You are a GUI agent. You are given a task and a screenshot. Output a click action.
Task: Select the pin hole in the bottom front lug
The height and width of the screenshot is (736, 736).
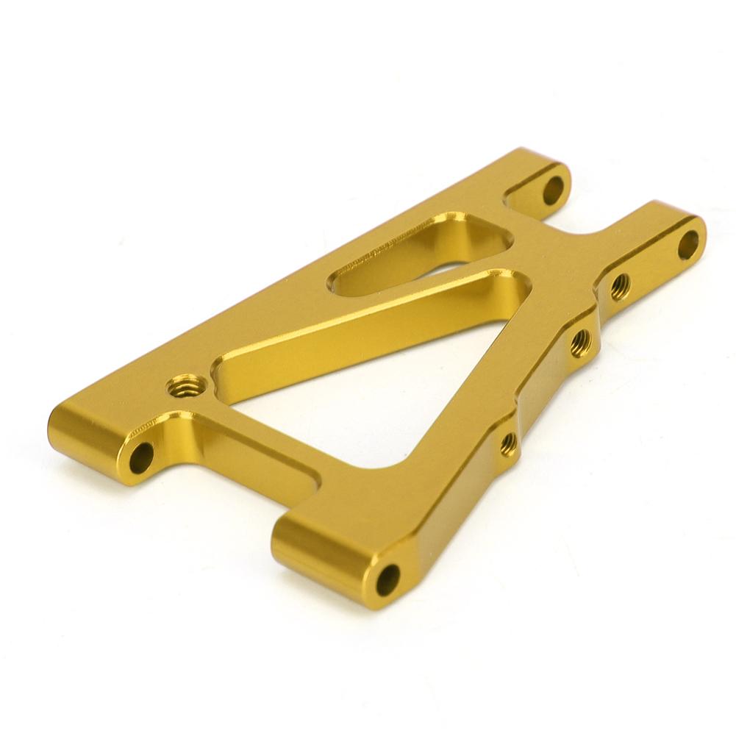pyautogui.click(x=387, y=579)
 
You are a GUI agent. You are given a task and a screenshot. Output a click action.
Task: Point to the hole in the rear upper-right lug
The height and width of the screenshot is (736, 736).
pyautogui.click(x=554, y=190)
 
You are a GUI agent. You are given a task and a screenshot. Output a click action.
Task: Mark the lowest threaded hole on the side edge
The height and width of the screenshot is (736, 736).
pyautogui.click(x=508, y=443)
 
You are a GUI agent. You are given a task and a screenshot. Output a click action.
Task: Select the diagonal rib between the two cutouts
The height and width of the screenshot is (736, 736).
pyautogui.click(x=368, y=324)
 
